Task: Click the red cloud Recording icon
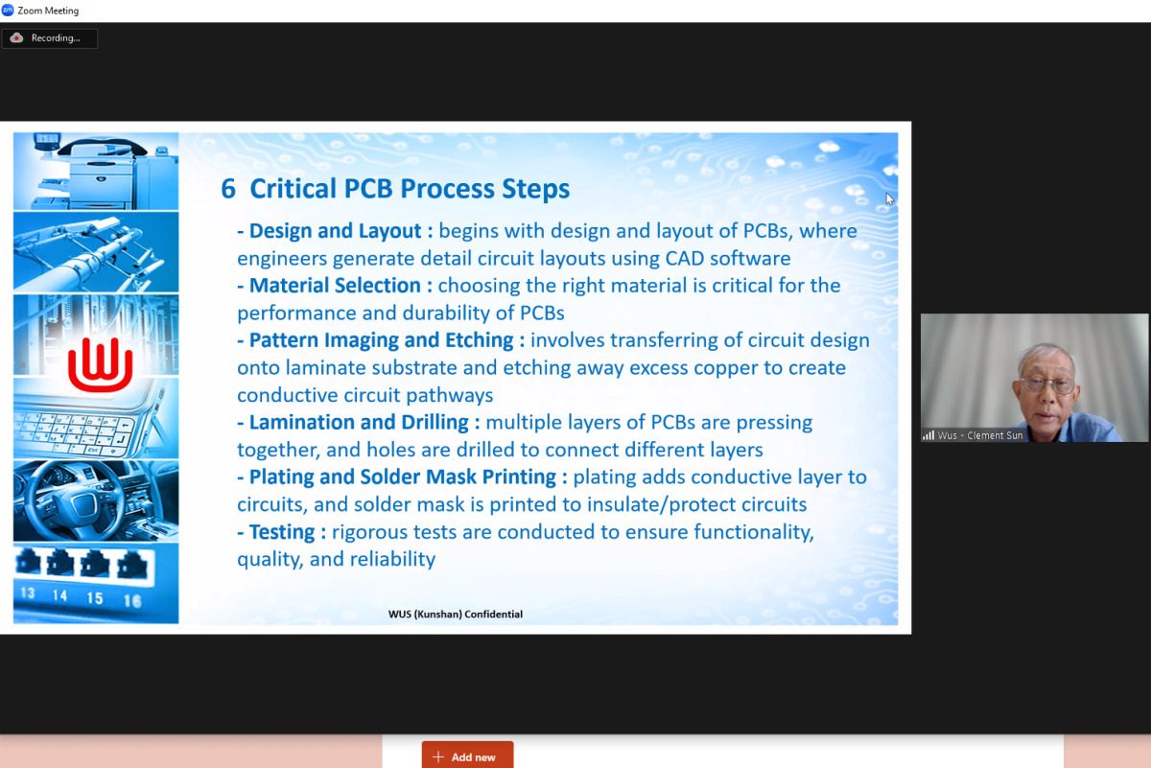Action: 16,38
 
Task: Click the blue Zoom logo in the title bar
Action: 8,11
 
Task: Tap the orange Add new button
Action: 467,756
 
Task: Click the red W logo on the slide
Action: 101,364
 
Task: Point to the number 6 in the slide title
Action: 228,189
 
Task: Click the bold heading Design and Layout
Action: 335,231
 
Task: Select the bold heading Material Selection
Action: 335,286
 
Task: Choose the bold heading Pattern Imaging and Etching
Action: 382,340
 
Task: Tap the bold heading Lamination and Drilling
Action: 359,422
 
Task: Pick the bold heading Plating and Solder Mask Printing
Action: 402,477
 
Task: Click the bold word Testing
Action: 282,532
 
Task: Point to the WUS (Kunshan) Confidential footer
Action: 456,614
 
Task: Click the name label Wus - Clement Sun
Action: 980,435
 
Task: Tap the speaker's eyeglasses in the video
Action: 1047,384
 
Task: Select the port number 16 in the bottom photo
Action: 132,600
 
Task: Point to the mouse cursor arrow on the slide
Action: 889,198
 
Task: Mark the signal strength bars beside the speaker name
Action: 928,435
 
